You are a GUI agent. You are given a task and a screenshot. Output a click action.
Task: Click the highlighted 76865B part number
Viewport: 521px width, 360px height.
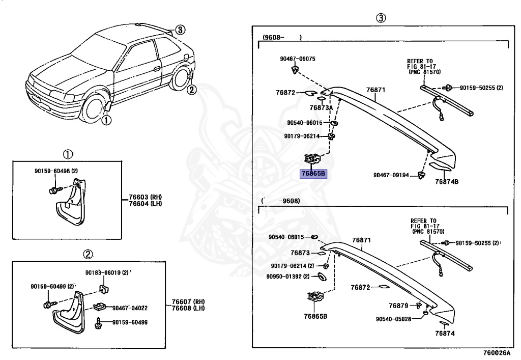click(313, 174)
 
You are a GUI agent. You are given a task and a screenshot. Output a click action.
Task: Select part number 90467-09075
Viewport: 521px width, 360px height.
click(298, 59)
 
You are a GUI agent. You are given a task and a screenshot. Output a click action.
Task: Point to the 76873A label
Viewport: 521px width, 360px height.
click(321, 107)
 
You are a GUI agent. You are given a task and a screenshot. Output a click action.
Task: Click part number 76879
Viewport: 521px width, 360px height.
click(398, 306)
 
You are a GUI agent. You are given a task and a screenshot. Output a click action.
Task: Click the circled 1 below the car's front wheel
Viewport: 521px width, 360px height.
click(105, 121)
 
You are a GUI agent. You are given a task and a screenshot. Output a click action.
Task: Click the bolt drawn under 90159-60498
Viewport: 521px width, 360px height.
click(54, 190)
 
